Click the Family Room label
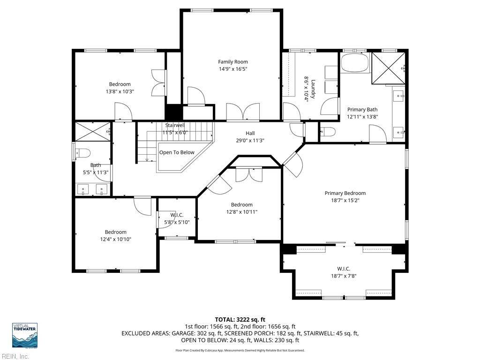point(232,62)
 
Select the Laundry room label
point(313,89)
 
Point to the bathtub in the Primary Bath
point(355,63)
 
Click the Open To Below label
point(177,152)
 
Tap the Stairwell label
point(175,126)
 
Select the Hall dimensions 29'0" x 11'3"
point(250,141)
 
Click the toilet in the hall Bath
point(82,153)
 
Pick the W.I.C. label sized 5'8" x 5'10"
point(177,215)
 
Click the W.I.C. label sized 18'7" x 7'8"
point(344,269)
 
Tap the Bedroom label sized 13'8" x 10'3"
point(120,84)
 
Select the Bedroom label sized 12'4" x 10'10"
point(116,232)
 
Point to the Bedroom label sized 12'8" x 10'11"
point(242,205)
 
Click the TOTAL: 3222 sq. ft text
point(240,320)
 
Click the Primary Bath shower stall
point(388,68)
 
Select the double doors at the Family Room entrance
point(243,111)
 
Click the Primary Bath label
point(362,110)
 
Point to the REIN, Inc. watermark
point(15,356)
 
